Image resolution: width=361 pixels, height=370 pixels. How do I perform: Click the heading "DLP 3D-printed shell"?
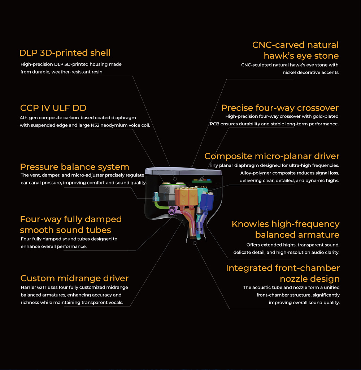click(65, 53)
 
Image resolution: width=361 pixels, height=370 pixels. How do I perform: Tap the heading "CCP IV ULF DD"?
click(53, 108)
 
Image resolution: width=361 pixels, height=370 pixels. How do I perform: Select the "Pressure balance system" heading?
click(74, 167)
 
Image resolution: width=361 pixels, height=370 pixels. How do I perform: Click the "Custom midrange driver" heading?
click(74, 278)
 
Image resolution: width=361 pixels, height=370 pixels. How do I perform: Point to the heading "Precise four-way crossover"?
click(280, 108)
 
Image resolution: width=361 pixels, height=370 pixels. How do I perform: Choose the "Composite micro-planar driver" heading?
click(272, 156)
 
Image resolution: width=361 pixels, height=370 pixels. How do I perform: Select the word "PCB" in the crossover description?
click(214, 124)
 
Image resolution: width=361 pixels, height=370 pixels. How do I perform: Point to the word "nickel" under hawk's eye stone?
click(289, 72)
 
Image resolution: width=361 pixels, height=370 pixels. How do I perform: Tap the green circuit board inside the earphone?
click(202, 181)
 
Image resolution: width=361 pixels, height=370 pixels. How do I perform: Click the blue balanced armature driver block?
click(206, 201)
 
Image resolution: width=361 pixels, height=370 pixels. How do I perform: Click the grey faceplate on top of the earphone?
click(183, 171)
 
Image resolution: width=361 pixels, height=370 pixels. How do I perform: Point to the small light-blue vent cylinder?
click(157, 196)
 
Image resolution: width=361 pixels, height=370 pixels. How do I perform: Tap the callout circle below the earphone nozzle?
click(195, 243)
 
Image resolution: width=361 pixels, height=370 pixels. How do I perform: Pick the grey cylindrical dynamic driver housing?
click(167, 192)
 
